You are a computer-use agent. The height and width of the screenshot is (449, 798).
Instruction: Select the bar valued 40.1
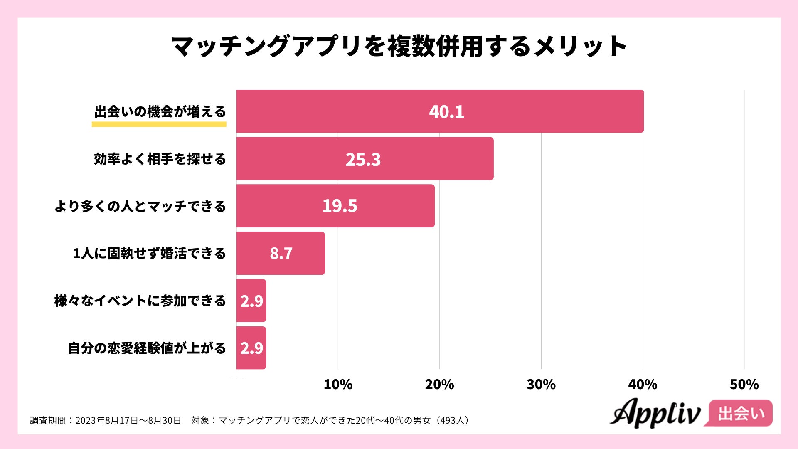(440, 111)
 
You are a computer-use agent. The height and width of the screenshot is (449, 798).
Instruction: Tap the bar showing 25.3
(365, 159)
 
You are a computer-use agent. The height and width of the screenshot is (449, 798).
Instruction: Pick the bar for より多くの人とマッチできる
(335, 206)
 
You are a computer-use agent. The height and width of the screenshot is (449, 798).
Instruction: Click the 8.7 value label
(281, 253)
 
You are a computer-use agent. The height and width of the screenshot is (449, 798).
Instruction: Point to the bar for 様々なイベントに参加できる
(251, 301)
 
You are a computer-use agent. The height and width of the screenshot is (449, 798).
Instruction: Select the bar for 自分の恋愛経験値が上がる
(251, 348)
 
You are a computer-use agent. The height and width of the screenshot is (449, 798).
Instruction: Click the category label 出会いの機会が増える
(160, 111)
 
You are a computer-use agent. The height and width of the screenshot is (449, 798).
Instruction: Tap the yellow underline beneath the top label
(159, 124)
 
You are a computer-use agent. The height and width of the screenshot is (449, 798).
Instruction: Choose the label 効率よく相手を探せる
(160, 159)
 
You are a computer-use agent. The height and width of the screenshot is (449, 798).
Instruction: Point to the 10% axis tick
(338, 385)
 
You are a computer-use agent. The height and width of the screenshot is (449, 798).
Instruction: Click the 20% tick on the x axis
(439, 385)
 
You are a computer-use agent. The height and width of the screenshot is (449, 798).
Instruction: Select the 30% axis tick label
(541, 385)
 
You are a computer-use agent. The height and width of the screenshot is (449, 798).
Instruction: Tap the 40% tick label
(643, 385)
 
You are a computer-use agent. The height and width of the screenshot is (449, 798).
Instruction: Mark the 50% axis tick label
(744, 385)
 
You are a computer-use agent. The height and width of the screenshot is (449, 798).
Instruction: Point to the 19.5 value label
(340, 206)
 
